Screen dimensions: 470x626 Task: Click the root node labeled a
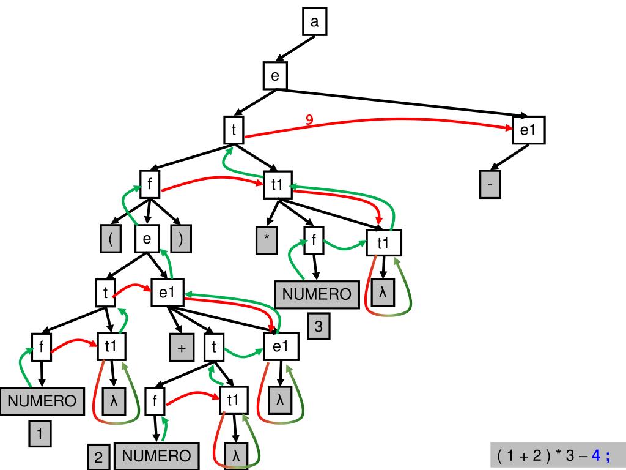tap(315, 23)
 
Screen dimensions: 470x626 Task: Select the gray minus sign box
tap(490, 185)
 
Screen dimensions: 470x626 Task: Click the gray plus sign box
tap(182, 348)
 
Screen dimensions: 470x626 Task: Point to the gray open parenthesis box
tap(111, 239)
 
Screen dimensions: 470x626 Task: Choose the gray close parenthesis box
tap(180, 239)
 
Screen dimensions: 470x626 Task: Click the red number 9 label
tap(309, 120)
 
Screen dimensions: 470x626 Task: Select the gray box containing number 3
tap(319, 326)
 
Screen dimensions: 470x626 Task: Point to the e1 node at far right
tap(528, 130)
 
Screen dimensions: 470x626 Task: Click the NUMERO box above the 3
tap(317, 294)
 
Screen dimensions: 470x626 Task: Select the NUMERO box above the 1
tap(42, 401)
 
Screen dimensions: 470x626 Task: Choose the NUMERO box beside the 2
tap(156, 456)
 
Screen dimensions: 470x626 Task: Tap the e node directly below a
tap(275, 76)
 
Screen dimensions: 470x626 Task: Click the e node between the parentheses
tap(147, 239)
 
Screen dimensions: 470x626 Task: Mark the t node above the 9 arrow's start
tap(234, 129)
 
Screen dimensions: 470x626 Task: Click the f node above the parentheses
tap(150, 183)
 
